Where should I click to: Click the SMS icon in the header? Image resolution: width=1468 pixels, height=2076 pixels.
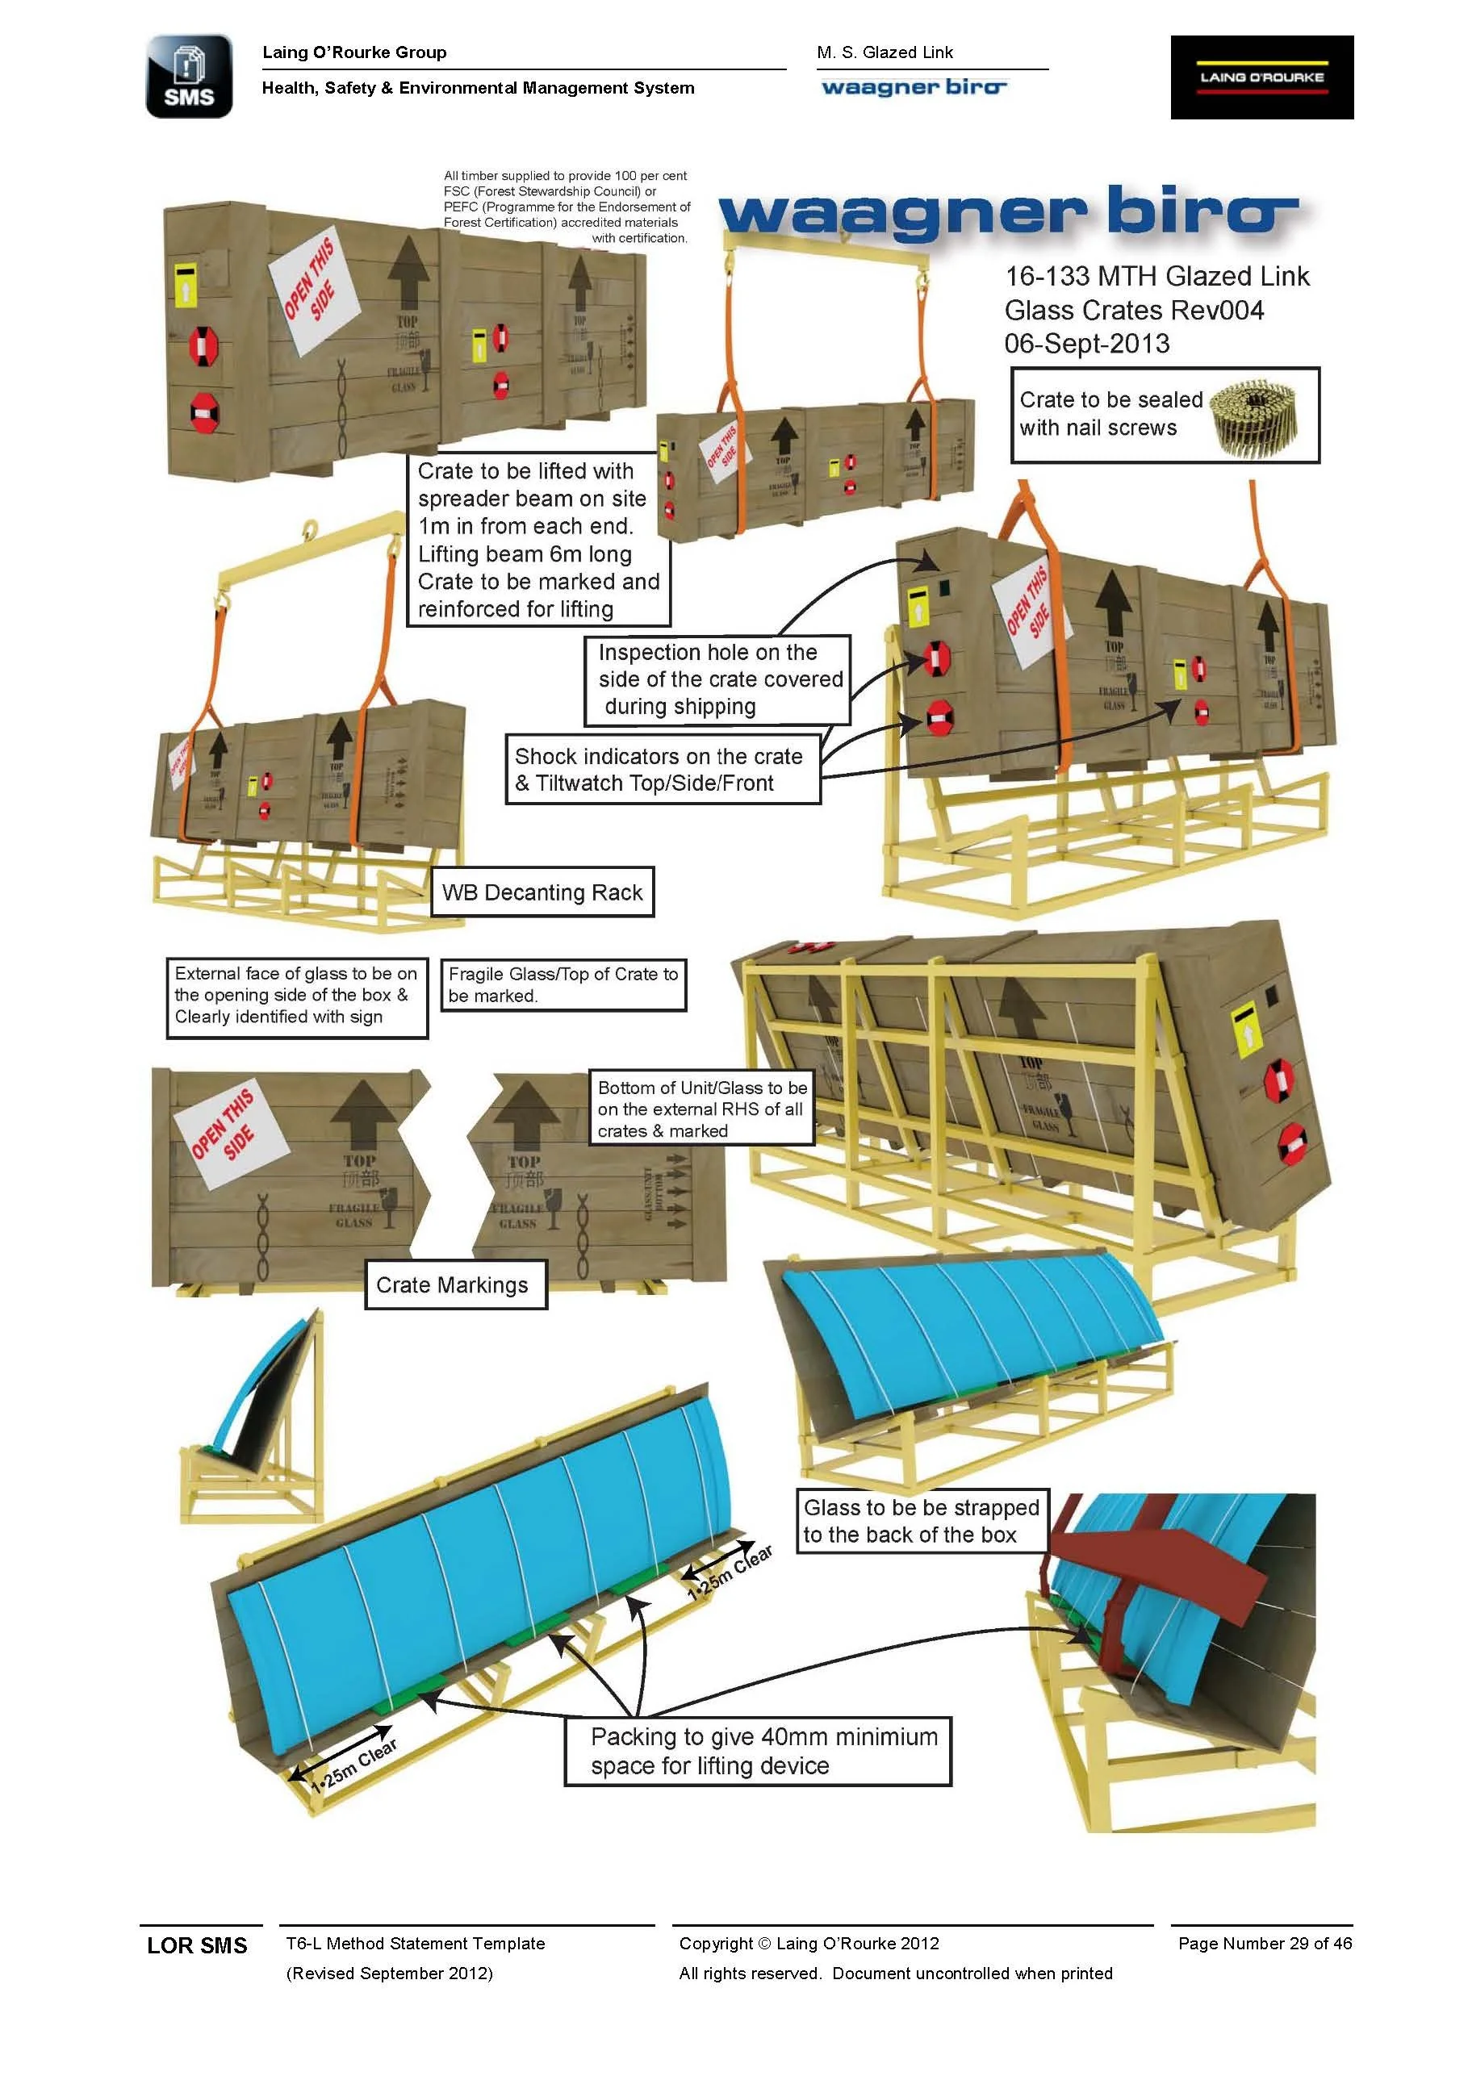(x=189, y=77)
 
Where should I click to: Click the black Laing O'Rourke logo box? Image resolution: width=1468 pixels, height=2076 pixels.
(x=1261, y=77)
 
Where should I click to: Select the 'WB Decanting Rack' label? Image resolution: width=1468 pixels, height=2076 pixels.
(x=542, y=892)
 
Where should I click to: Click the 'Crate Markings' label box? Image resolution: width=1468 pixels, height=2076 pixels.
(x=455, y=1284)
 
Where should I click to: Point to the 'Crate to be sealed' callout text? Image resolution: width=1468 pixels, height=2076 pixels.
(x=1110, y=413)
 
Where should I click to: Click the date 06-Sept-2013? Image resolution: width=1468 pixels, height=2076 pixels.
(x=1086, y=344)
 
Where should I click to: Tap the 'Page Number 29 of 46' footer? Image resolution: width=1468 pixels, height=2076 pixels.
(x=1264, y=1943)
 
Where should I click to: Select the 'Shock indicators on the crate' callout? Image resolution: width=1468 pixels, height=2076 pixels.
(x=661, y=770)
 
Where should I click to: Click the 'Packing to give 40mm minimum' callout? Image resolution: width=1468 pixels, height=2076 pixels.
(x=758, y=1752)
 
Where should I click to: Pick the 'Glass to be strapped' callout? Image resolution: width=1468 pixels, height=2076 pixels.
(x=921, y=1521)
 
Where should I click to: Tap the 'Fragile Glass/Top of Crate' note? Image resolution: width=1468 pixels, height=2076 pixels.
(x=563, y=984)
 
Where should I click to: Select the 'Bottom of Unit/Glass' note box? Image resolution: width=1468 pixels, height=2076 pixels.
(x=701, y=1109)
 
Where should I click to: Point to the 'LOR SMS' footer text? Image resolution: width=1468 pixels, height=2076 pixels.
(x=197, y=1946)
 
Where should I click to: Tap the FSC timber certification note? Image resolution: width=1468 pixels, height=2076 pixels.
(x=567, y=207)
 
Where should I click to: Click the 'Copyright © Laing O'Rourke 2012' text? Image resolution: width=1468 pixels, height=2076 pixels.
(x=809, y=1943)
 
